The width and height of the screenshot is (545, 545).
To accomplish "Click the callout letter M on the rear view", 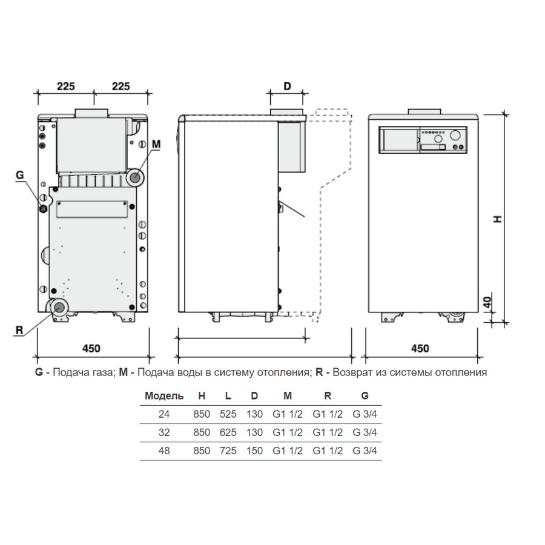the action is (156, 144).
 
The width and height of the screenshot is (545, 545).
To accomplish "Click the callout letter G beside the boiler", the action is (20, 175).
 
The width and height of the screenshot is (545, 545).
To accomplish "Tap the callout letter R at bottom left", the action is (19, 330).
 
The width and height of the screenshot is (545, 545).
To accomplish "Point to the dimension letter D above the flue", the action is (287, 86).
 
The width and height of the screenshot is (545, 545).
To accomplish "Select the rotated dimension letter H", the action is (498, 219).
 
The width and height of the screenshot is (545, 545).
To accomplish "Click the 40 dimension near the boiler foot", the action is (487, 302).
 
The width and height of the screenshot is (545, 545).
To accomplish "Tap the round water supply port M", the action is (135, 178).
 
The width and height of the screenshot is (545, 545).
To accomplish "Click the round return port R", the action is (59, 308).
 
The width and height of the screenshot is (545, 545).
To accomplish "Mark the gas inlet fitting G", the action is (43, 209).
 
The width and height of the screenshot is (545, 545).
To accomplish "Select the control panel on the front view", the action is (423, 140).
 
